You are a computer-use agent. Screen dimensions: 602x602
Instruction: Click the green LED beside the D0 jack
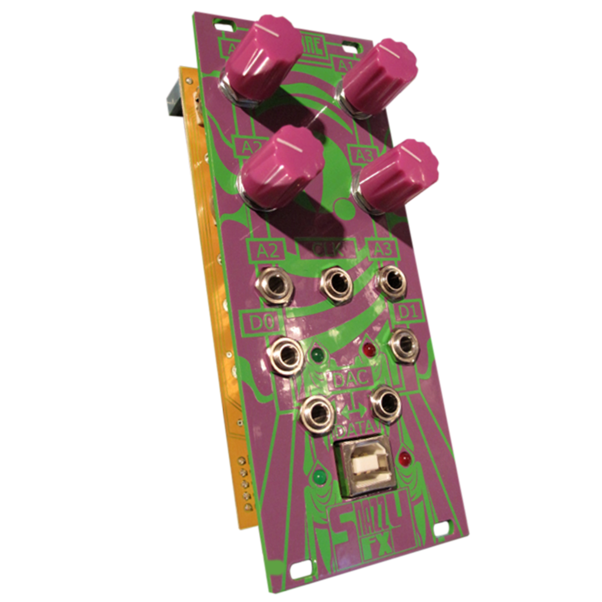(317, 356)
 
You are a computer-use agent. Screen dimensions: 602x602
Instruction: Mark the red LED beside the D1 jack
(368, 348)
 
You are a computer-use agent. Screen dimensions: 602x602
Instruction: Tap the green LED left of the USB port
(319, 477)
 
